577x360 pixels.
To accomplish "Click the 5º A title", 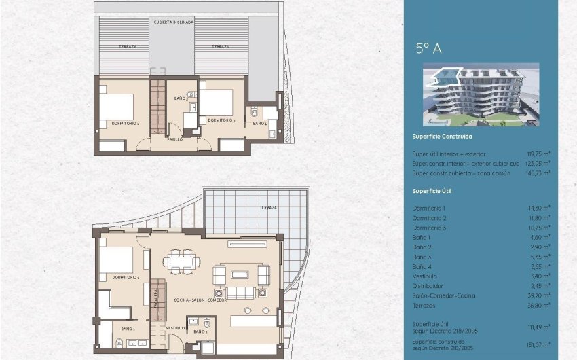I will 428,48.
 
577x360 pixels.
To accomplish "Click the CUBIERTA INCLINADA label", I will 174,22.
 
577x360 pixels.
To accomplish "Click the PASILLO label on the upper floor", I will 175,140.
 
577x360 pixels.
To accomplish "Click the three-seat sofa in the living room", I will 241,293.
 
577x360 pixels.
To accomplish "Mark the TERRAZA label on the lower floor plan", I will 268,207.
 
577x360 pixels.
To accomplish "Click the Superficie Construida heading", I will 443,137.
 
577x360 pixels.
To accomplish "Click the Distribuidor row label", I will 428,286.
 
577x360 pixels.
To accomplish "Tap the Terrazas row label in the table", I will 425,306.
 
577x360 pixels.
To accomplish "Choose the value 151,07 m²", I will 539,345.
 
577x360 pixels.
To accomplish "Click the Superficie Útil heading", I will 432,191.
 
